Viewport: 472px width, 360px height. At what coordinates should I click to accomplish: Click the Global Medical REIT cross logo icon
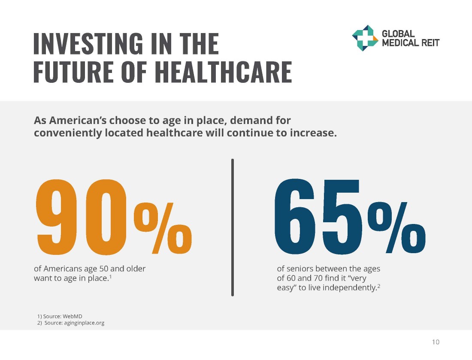[x=365, y=38]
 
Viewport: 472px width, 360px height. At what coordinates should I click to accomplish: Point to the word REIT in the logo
[x=429, y=42]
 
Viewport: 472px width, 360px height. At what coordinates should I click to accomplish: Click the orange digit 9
[x=58, y=217]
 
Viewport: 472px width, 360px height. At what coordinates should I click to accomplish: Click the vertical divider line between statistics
[x=233, y=227]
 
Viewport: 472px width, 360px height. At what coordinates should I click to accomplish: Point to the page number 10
[x=436, y=342]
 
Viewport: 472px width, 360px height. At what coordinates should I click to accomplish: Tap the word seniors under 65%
[x=299, y=269]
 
